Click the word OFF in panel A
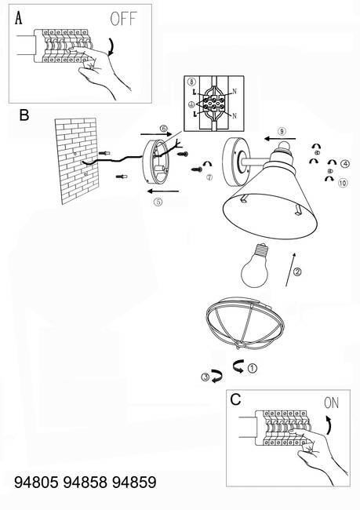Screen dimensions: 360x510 click(x=123, y=19)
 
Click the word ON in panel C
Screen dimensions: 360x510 click(x=332, y=403)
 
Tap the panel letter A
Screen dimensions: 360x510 click(x=19, y=18)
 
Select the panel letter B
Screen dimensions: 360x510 click(x=24, y=115)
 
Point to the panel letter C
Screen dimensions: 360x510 click(x=235, y=399)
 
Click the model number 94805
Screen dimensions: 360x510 click(x=36, y=482)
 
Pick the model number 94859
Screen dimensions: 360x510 click(x=134, y=482)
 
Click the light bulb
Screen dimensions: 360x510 click(x=255, y=266)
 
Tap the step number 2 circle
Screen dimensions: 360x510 click(x=297, y=271)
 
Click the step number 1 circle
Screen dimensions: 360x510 click(x=253, y=369)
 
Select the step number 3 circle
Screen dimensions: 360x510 click(x=205, y=377)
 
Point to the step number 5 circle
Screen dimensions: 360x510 click(x=158, y=202)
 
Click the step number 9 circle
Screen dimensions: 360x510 click(x=282, y=131)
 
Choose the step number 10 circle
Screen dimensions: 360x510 click(x=343, y=183)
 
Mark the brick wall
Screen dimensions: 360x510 click(x=77, y=160)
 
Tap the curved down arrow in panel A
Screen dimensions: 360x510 click(x=111, y=46)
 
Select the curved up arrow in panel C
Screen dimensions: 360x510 click(x=329, y=424)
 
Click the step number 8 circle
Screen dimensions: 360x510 click(x=191, y=82)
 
